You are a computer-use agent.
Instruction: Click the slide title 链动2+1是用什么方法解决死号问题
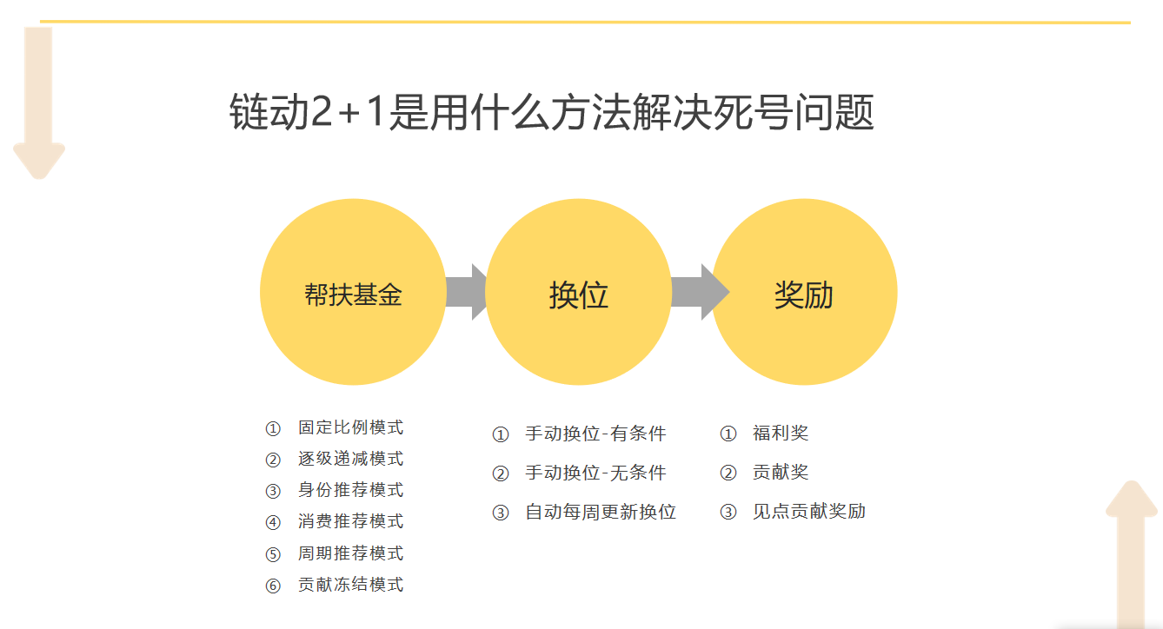click(x=551, y=114)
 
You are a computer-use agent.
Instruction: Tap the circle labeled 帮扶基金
click(x=352, y=292)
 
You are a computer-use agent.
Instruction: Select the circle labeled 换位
click(x=578, y=293)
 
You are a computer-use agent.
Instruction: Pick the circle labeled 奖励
click(x=804, y=293)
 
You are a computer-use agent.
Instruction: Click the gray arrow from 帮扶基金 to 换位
click(x=468, y=292)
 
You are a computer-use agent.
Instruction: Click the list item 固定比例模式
click(x=350, y=427)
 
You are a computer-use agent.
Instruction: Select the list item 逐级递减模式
click(x=350, y=459)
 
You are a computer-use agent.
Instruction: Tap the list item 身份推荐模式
click(x=350, y=490)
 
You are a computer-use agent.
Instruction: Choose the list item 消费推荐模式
click(x=350, y=521)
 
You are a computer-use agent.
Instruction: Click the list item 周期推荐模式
click(x=350, y=553)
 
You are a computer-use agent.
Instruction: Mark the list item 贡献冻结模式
click(x=350, y=585)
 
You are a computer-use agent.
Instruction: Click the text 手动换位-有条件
click(x=595, y=434)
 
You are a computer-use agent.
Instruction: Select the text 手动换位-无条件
click(x=595, y=473)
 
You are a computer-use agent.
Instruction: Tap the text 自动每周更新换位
click(x=601, y=512)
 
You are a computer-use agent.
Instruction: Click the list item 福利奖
click(x=781, y=433)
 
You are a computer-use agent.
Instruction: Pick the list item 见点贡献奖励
click(x=808, y=511)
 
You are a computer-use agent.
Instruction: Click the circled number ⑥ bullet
click(x=273, y=586)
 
